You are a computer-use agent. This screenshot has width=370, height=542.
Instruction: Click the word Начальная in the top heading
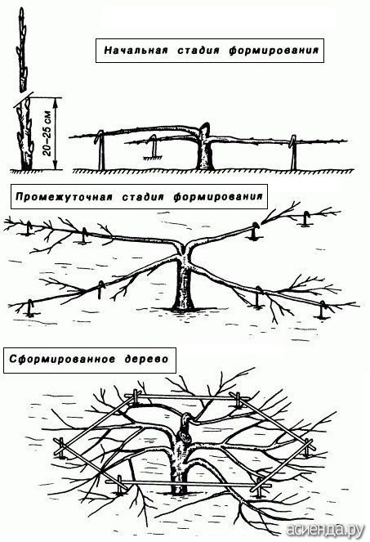coord(136,51)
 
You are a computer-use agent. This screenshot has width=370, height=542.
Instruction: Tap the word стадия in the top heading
coord(198,51)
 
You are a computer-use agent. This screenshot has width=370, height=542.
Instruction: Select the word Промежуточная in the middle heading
coord(64,197)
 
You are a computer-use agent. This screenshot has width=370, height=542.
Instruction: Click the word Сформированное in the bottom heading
coord(62,359)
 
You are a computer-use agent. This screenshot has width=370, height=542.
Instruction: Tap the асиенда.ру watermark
coord(325,529)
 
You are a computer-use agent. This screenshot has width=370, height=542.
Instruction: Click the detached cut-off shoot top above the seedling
coord(22,49)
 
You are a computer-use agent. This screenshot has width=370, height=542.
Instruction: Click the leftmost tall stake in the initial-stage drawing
coord(100,150)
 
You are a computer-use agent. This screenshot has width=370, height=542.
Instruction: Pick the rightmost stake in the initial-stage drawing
coord(293,152)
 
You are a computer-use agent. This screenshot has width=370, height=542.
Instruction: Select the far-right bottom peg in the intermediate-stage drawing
coord(322,310)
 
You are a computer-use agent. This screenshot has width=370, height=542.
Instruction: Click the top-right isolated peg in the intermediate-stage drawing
coord(305,219)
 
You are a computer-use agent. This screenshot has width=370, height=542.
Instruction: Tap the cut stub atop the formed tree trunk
coord(185,423)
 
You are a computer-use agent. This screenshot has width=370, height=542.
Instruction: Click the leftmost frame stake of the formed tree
coord(61,448)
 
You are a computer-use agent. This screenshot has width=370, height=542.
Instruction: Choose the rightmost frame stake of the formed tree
coord(308,448)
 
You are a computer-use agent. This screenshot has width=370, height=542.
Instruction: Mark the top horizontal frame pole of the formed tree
coord(186,397)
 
